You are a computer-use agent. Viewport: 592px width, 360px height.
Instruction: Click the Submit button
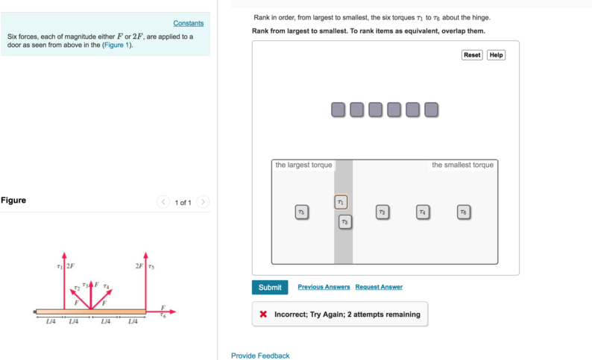tap(270, 288)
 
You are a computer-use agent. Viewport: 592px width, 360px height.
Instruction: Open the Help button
tap(496, 55)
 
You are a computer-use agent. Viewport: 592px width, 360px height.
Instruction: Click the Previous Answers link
tap(324, 287)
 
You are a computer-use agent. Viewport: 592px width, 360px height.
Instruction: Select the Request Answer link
tap(379, 287)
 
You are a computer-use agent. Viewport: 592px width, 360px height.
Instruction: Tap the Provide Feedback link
tap(260, 356)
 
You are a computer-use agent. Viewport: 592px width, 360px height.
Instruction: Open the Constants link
tap(188, 23)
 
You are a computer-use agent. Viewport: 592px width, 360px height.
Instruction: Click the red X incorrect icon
tap(263, 315)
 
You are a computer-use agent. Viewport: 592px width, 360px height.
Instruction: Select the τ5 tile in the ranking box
tap(300, 212)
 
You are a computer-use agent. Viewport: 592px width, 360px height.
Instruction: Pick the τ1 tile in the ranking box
tap(341, 202)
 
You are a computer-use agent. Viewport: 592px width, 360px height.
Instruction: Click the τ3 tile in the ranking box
tap(344, 222)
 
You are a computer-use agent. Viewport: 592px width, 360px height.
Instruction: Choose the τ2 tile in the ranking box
tap(382, 212)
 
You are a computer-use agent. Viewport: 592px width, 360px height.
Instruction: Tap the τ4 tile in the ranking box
tap(422, 212)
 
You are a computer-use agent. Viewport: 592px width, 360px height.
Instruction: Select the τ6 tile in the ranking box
tap(463, 212)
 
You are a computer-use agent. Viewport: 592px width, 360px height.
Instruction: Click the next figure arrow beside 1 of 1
tap(203, 202)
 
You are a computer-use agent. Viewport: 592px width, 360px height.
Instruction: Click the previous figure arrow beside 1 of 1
tap(163, 202)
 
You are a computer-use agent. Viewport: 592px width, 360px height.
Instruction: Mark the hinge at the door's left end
tap(35, 312)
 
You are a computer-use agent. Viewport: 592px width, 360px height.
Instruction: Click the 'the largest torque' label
tap(303, 165)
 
